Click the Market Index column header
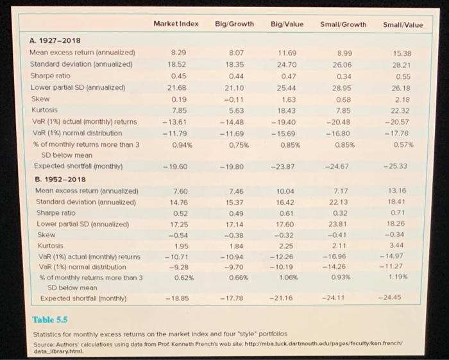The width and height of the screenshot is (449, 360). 176,24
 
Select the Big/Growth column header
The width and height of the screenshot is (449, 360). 237,24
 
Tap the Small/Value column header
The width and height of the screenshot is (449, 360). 403,24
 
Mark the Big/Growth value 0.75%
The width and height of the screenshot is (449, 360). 239,142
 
